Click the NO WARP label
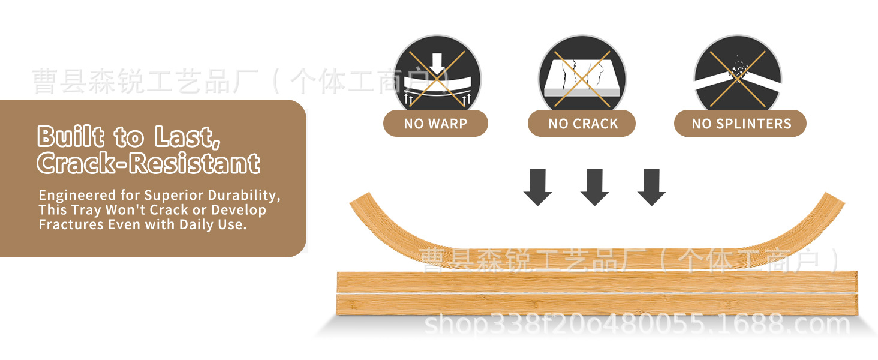tap(435, 124)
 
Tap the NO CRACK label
tap(582, 124)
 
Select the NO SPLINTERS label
tap(741, 124)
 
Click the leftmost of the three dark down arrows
tap(537, 187)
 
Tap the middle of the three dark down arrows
tap(594, 187)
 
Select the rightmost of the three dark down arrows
tap(651, 187)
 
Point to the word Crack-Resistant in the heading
tap(148, 163)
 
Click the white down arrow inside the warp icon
tap(437, 63)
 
